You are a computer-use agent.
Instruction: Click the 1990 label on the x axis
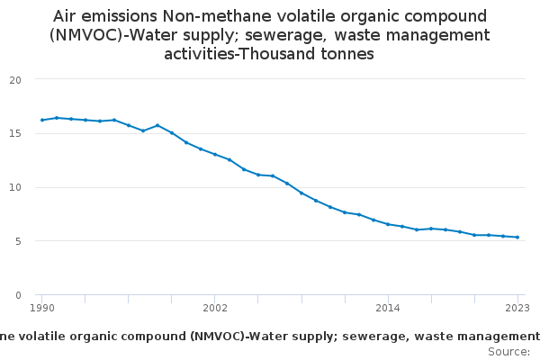pos(42,308)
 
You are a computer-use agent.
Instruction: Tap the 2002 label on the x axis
pos(215,308)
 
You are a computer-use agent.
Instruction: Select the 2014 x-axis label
pos(388,308)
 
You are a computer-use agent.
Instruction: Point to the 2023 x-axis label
pos(517,308)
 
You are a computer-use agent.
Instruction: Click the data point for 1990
pos(42,120)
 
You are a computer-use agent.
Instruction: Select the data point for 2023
pos(517,238)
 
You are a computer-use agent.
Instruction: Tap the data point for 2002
pos(215,154)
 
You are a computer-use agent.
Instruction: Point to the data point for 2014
pos(388,224)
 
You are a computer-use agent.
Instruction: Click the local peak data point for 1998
pos(157,125)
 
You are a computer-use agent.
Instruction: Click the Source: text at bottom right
pos(508,351)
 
